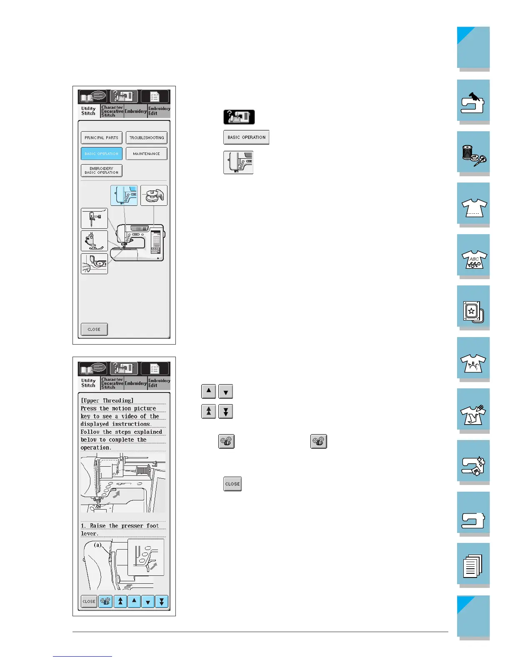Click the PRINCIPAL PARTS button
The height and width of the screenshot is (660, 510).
pos(101,138)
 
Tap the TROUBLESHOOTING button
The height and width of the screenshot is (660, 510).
pos(147,138)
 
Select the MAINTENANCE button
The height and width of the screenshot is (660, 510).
pos(146,154)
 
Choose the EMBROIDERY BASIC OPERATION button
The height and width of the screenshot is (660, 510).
pos(101,171)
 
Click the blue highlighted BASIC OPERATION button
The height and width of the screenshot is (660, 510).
pos(101,154)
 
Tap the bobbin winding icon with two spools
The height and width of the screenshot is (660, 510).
pos(154,195)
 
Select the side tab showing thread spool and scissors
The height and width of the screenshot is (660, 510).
pos(473,152)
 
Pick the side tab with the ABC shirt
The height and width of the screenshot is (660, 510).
pos(473,255)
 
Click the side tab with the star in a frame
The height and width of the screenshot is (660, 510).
pos(473,307)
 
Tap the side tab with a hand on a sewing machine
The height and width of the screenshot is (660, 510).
pos(473,101)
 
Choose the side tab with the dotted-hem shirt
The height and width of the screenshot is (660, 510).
pos(473,204)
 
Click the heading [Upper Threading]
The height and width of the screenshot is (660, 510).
pos(107,400)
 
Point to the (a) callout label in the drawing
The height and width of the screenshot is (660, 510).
pos(97,545)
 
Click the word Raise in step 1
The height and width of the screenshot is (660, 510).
pos(98,526)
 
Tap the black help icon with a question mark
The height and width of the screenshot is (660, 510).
pos(239,117)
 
